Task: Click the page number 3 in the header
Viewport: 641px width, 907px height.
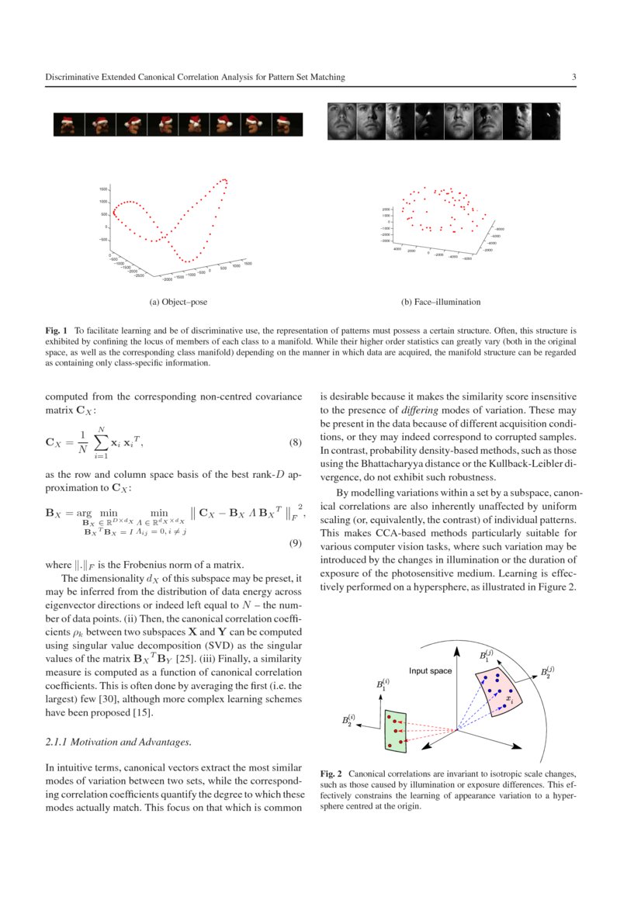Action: point(573,78)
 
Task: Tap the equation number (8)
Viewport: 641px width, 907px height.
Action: point(294,443)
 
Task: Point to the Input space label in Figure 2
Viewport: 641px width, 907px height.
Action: point(430,670)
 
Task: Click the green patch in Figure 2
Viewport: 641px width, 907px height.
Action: point(396,729)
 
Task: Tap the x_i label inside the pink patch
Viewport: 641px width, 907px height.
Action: point(509,699)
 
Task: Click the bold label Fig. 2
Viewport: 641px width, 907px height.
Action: point(331,774)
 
